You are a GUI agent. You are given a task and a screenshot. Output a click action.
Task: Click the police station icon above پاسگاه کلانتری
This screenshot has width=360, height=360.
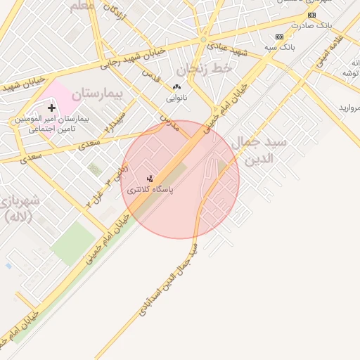pos(149,179)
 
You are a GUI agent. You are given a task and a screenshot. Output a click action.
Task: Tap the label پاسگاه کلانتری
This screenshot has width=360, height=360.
pos(150,191)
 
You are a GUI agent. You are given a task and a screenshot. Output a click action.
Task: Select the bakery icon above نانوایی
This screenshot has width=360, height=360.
pos(176,87)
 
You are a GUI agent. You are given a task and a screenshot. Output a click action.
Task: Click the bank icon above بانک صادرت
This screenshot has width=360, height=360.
pos(312,15)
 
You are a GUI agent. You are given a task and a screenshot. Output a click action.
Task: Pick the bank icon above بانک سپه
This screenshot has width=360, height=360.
pos(280,37)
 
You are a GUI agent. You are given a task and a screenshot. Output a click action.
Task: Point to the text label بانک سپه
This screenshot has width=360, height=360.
pos(280,47)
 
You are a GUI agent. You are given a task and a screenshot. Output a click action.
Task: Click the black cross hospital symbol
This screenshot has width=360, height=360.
pos(51,108)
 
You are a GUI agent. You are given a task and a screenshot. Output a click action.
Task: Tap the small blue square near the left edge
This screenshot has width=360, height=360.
pos(8,266)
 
